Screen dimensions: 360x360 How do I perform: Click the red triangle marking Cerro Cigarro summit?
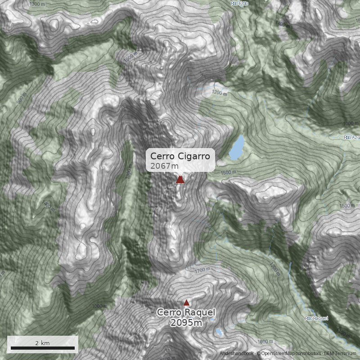tap(180, 180)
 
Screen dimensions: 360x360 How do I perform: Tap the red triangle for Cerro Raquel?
tap(186, 302)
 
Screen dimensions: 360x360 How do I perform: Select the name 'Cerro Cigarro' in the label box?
tap(180, 156)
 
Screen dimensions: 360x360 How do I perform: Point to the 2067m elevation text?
tap(162, 166)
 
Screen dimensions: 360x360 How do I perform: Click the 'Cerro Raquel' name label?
tap(186, 313)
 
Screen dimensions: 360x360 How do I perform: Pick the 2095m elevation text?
tap(186, 323)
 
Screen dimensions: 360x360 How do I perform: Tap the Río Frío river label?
tap(239, 3)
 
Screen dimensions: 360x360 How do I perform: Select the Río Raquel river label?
tap(316, 318)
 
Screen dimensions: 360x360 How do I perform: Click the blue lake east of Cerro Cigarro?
tap(237, 148)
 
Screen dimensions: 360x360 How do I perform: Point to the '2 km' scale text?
tap(42, 343)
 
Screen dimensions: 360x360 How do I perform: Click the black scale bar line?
tap(42, 348)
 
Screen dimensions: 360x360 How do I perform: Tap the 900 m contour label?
tap(22, 99)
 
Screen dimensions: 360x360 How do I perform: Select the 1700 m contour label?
tap(203, 270)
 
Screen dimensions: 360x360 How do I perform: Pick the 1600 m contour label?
tap(266, 342)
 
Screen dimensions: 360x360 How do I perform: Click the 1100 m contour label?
tap(344, 334)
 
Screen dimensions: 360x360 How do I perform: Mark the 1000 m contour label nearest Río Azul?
tap(351, 123)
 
